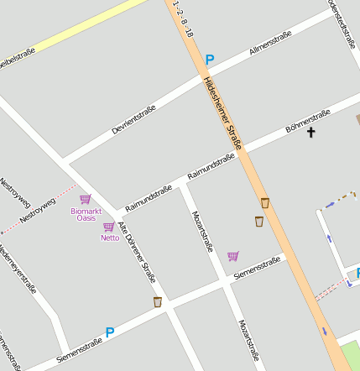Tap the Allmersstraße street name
(x=270, y=44)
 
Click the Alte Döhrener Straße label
(x=137, y=250)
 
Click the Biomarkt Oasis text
(x=86, y=214)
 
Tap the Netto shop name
(x=110, y=238)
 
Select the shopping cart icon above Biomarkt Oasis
(x=85, y=200)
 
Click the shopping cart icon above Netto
(x=108, y=227)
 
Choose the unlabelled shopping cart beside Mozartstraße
(x=232, y=256)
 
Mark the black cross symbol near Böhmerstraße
(x=310, y=132)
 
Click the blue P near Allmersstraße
(x=210, y=60)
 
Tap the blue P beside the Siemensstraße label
(x=109, y=332)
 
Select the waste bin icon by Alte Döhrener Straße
(x=157, y=301)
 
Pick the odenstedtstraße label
(x=342, y=21)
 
